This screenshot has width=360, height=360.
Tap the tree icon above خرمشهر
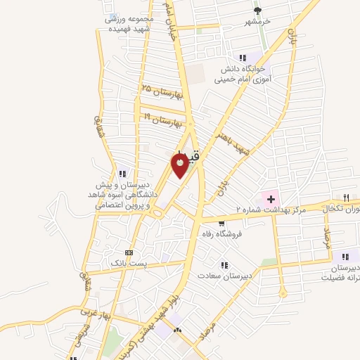tap(257, 11)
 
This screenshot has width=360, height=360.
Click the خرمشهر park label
tap(257, 22)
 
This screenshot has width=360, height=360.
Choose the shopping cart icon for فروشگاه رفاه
tap(222, 223)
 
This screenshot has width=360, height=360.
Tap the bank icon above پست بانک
tap(128, 252)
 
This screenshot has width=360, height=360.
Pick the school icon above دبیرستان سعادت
tap(224, 264)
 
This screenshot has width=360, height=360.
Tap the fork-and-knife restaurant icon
tap(346, 198)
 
